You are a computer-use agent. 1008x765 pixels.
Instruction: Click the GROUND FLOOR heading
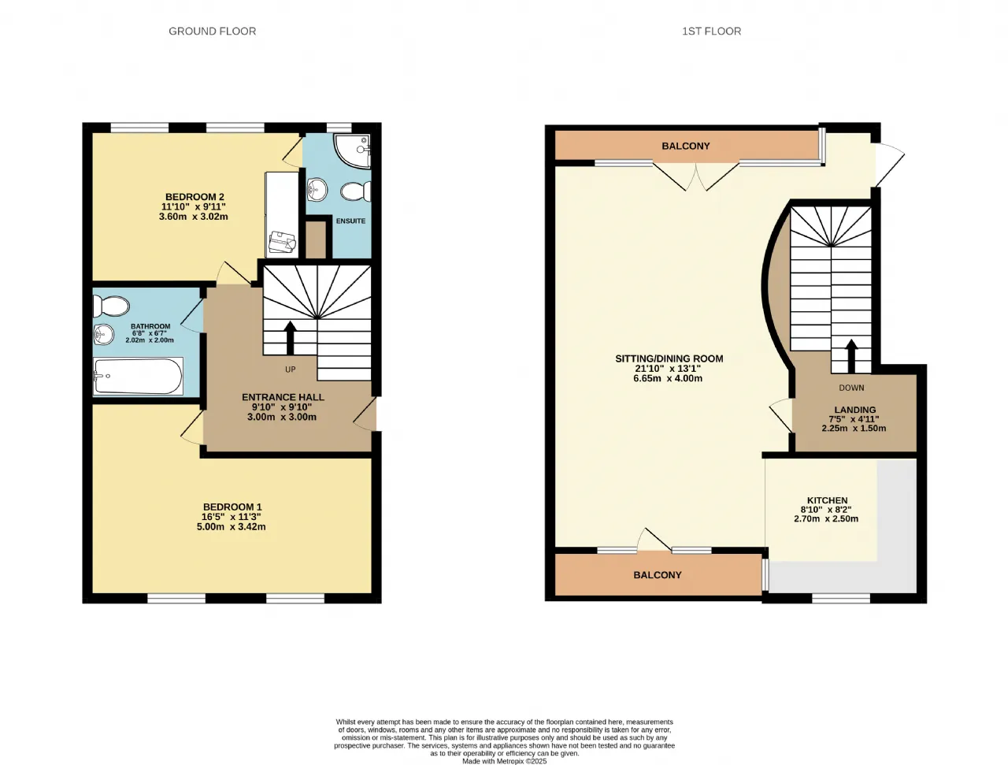click(212, 32)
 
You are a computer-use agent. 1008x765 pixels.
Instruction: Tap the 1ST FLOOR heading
click(711, 32)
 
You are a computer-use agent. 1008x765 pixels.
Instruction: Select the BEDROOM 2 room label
click(195, 197)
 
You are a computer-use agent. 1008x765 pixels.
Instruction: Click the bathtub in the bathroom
click(139, 376)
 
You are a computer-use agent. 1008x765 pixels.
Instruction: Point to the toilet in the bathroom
click(111, 306)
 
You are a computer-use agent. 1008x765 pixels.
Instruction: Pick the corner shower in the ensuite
click(352, 151)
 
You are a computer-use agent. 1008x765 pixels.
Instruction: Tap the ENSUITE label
click(351, 221)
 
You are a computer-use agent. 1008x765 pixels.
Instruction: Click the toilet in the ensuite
click(356, 191)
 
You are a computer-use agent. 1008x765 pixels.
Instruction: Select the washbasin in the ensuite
click(317, 189)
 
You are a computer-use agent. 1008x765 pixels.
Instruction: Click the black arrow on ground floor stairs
click(290, 338)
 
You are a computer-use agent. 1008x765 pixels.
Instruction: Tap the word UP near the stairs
click(291, 370)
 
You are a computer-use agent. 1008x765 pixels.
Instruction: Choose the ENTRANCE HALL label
click(283, 397)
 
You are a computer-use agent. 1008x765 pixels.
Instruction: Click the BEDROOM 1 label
click(232, 507)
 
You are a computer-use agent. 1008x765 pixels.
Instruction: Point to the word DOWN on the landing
click(851, 388)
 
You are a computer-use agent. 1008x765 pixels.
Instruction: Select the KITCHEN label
click(828, 500)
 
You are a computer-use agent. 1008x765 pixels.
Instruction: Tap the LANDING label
click(855, 410)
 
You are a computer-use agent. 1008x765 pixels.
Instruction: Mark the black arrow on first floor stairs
click(851, 356)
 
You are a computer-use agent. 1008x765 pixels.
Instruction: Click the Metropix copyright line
click(504, 761)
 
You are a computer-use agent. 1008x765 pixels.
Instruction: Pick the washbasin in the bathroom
click(103, 334)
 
